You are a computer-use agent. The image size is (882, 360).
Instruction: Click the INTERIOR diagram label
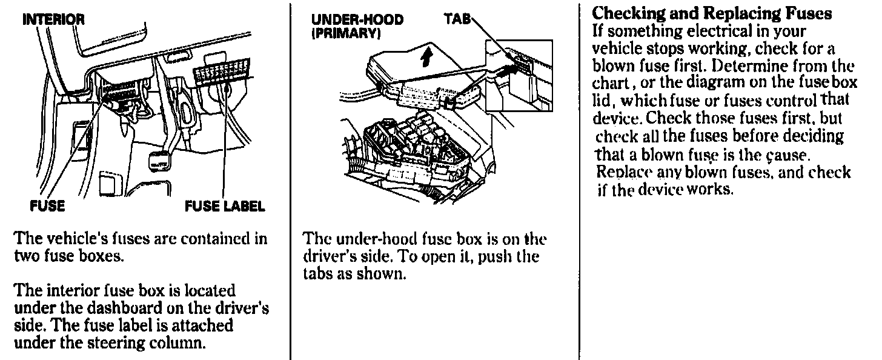[53, 19]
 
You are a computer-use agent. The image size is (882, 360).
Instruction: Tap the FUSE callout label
[47, 206]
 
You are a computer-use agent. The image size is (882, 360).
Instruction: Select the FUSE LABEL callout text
[225, 206]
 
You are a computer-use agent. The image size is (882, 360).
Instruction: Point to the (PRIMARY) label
[345, 33]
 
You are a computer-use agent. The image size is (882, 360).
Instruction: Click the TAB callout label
[457, 19]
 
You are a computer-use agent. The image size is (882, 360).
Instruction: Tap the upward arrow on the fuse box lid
[429, 57]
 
